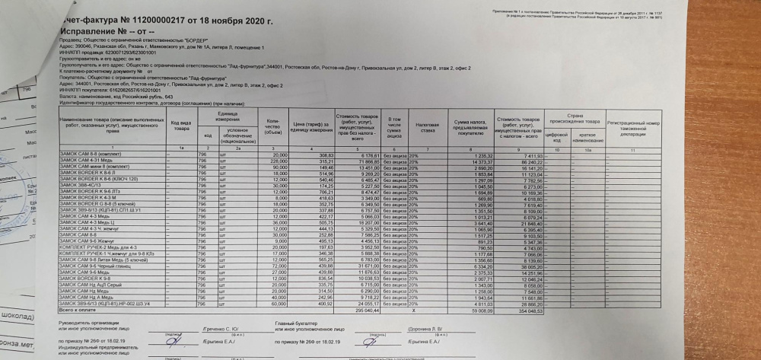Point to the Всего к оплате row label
(x=77, y=311)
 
